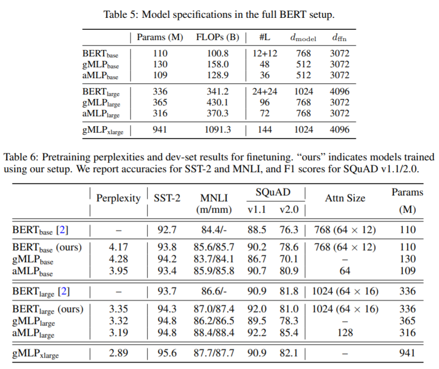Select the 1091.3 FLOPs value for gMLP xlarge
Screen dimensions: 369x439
[217, 130]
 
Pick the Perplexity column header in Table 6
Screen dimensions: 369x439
[118, 198]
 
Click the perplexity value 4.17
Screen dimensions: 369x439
[118, 247]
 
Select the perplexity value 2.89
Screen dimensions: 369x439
[118, 353]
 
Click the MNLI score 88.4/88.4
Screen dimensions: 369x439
[214, 333]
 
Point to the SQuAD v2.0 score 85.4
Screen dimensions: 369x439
[289, 333]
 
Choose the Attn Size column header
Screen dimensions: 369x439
[345, 198]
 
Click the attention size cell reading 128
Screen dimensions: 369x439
[345, 333]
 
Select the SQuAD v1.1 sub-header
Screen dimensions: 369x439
[256, 210]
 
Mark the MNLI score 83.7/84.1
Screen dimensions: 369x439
[214, 259]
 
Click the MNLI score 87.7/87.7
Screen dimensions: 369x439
[214, 353]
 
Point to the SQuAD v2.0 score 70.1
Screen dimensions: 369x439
[289, 259]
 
